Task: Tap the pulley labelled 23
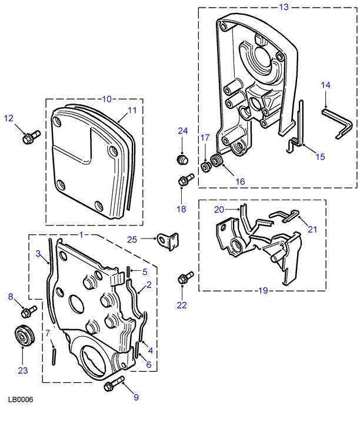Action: click(24, 337)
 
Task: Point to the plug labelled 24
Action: click(182, 160)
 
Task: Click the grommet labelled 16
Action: click(218, 161)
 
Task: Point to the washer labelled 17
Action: click(206, 167)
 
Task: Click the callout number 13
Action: click(284, 7)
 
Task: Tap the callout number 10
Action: click(107, 98)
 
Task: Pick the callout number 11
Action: click(132, 110)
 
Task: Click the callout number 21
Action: click(312, 229)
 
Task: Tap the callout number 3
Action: click(38, 254)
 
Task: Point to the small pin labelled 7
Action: click(53, 354)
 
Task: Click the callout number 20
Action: click(219, 210)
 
